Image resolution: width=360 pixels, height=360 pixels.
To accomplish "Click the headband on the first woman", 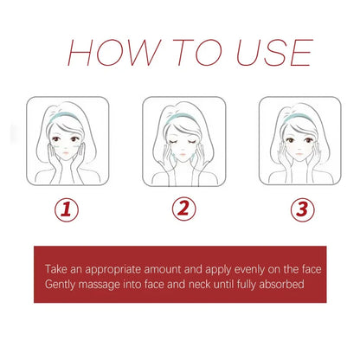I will pyautogui.click(x=66, y=113).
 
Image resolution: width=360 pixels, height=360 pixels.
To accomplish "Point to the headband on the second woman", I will pyautogui.click(x=183, y=112).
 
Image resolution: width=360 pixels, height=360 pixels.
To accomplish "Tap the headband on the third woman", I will pyautogui.click(x=299, y=113).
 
